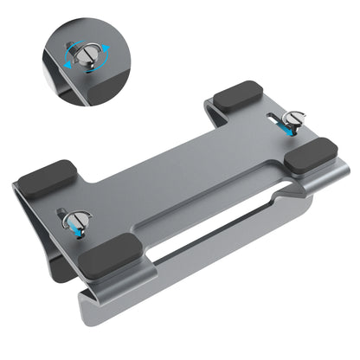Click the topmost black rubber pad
(238, 95)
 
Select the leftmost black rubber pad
(46, 178)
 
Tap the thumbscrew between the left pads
(75, 220)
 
